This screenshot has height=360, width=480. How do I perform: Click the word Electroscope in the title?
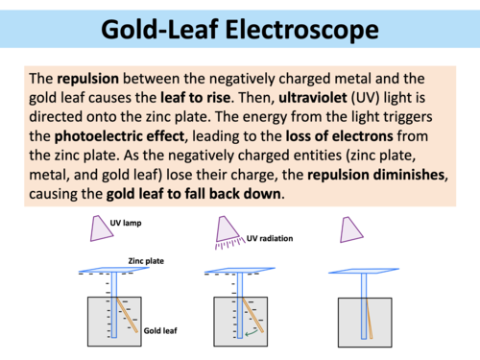pos(305,31)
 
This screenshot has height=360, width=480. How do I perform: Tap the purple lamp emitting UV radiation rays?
pos(229,228)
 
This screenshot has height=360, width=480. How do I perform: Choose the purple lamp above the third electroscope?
pos(352,228)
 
